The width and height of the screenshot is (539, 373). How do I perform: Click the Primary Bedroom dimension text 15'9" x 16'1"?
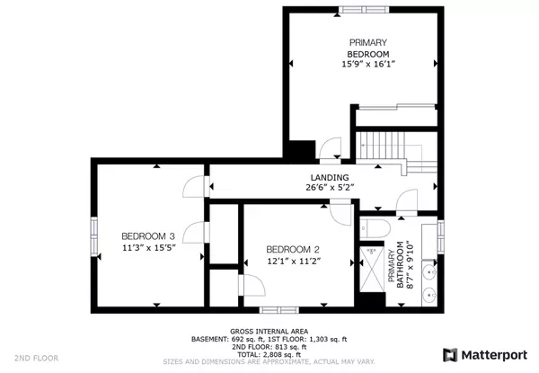coord(367,64)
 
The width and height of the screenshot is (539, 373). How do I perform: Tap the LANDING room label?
coord(330,178)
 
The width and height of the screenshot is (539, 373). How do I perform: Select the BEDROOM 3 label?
coord(148,236)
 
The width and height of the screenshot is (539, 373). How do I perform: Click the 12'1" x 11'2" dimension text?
coord(294,262)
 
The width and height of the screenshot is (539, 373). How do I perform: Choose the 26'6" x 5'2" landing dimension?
coord(330,187)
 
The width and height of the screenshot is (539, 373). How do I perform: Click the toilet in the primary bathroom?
coord(375,228)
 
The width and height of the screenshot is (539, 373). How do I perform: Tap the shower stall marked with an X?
coord(372,269)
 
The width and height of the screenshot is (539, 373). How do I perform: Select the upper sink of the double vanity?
coord(429,272)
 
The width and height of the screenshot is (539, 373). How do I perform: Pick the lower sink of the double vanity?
coord(429,295)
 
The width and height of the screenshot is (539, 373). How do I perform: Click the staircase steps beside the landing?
coord(381,146)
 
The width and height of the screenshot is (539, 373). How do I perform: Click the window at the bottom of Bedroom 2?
coord(279,310)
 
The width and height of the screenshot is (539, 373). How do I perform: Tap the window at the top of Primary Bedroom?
coord(364,10)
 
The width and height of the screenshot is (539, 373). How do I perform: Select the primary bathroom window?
coord(440,237)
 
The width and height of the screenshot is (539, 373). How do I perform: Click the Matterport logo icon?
coord(450,355)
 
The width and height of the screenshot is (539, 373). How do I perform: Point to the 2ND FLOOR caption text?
coord(37,358)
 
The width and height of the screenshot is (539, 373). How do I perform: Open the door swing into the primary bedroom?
coord(330,147)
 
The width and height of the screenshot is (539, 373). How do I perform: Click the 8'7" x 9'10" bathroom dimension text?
coord(411,265)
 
